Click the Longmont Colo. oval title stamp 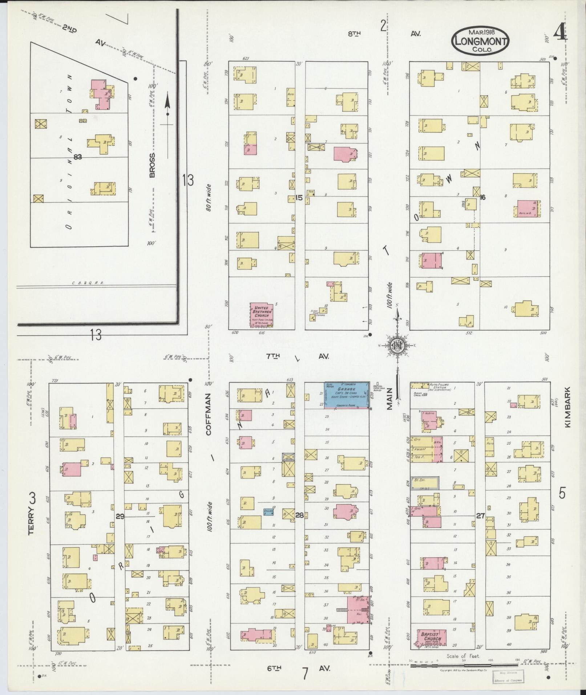[480, 41]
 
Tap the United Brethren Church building [262, 315]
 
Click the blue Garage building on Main [347, 395]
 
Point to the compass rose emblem [398, 346]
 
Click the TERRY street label [32, 512]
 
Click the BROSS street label [151, 165]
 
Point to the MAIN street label [389, 398]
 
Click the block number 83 [77, 157]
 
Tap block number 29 [120, 516]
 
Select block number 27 [480, 515]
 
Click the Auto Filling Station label [440, 387]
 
